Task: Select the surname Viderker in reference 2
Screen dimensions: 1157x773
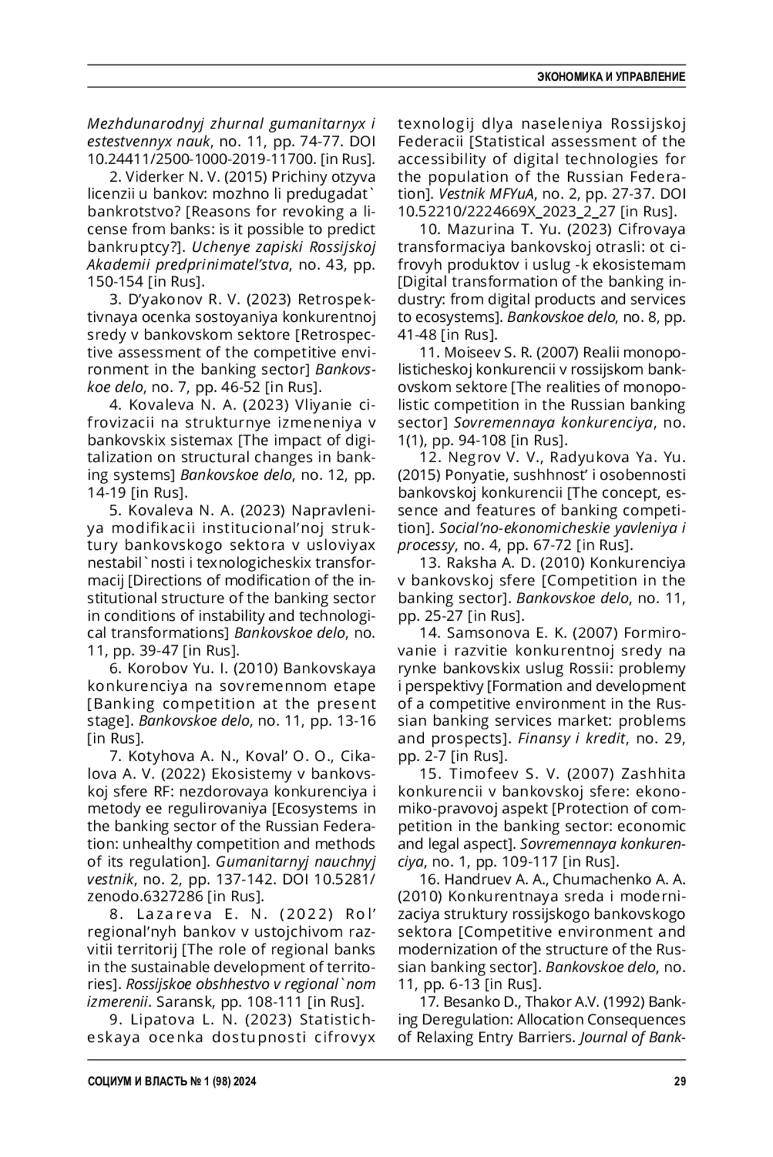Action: (x=155, y=176)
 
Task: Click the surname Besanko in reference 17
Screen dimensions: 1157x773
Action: (x=470, y=1002)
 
